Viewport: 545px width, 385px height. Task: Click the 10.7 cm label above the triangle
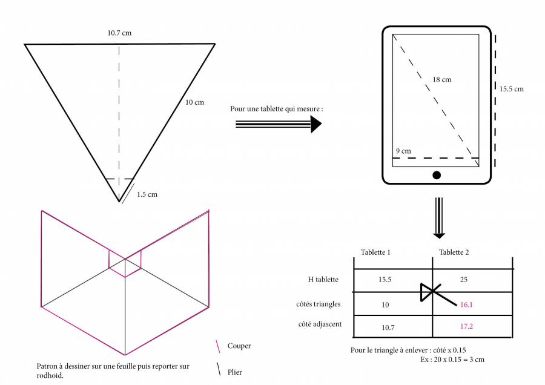pyautogui.click(x=119, y=33)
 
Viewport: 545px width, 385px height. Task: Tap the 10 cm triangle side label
pyautogui.click(x=194, y=102)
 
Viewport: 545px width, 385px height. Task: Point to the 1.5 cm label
pyautogui.click(x=147, y=194)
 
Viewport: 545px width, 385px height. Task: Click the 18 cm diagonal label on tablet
pyautogui.click(x=441, y=79)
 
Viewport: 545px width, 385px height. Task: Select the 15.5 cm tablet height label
pyautogui.click(x=511, y=89)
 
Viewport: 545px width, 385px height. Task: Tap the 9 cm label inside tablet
pyautogui.click(x=403, y=151)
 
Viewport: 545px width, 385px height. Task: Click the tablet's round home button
pyautogui.click(x=437, y=176)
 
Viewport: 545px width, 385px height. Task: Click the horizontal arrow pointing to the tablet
pyautogui.click(x=278, y=123)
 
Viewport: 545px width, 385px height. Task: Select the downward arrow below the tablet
pyautogui.click(x=439, y=218)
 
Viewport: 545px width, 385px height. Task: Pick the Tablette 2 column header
pyautogui.click(x=454, y=252)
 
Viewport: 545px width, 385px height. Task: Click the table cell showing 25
pyautogui.click(x=464, y=280)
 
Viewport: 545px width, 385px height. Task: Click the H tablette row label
pyautogui.click(x=323, y=280)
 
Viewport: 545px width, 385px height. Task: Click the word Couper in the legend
pyautogui.click(x=239, y=346)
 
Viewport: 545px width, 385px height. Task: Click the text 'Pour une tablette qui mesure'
pyautogui.click(x=277, y=110)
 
